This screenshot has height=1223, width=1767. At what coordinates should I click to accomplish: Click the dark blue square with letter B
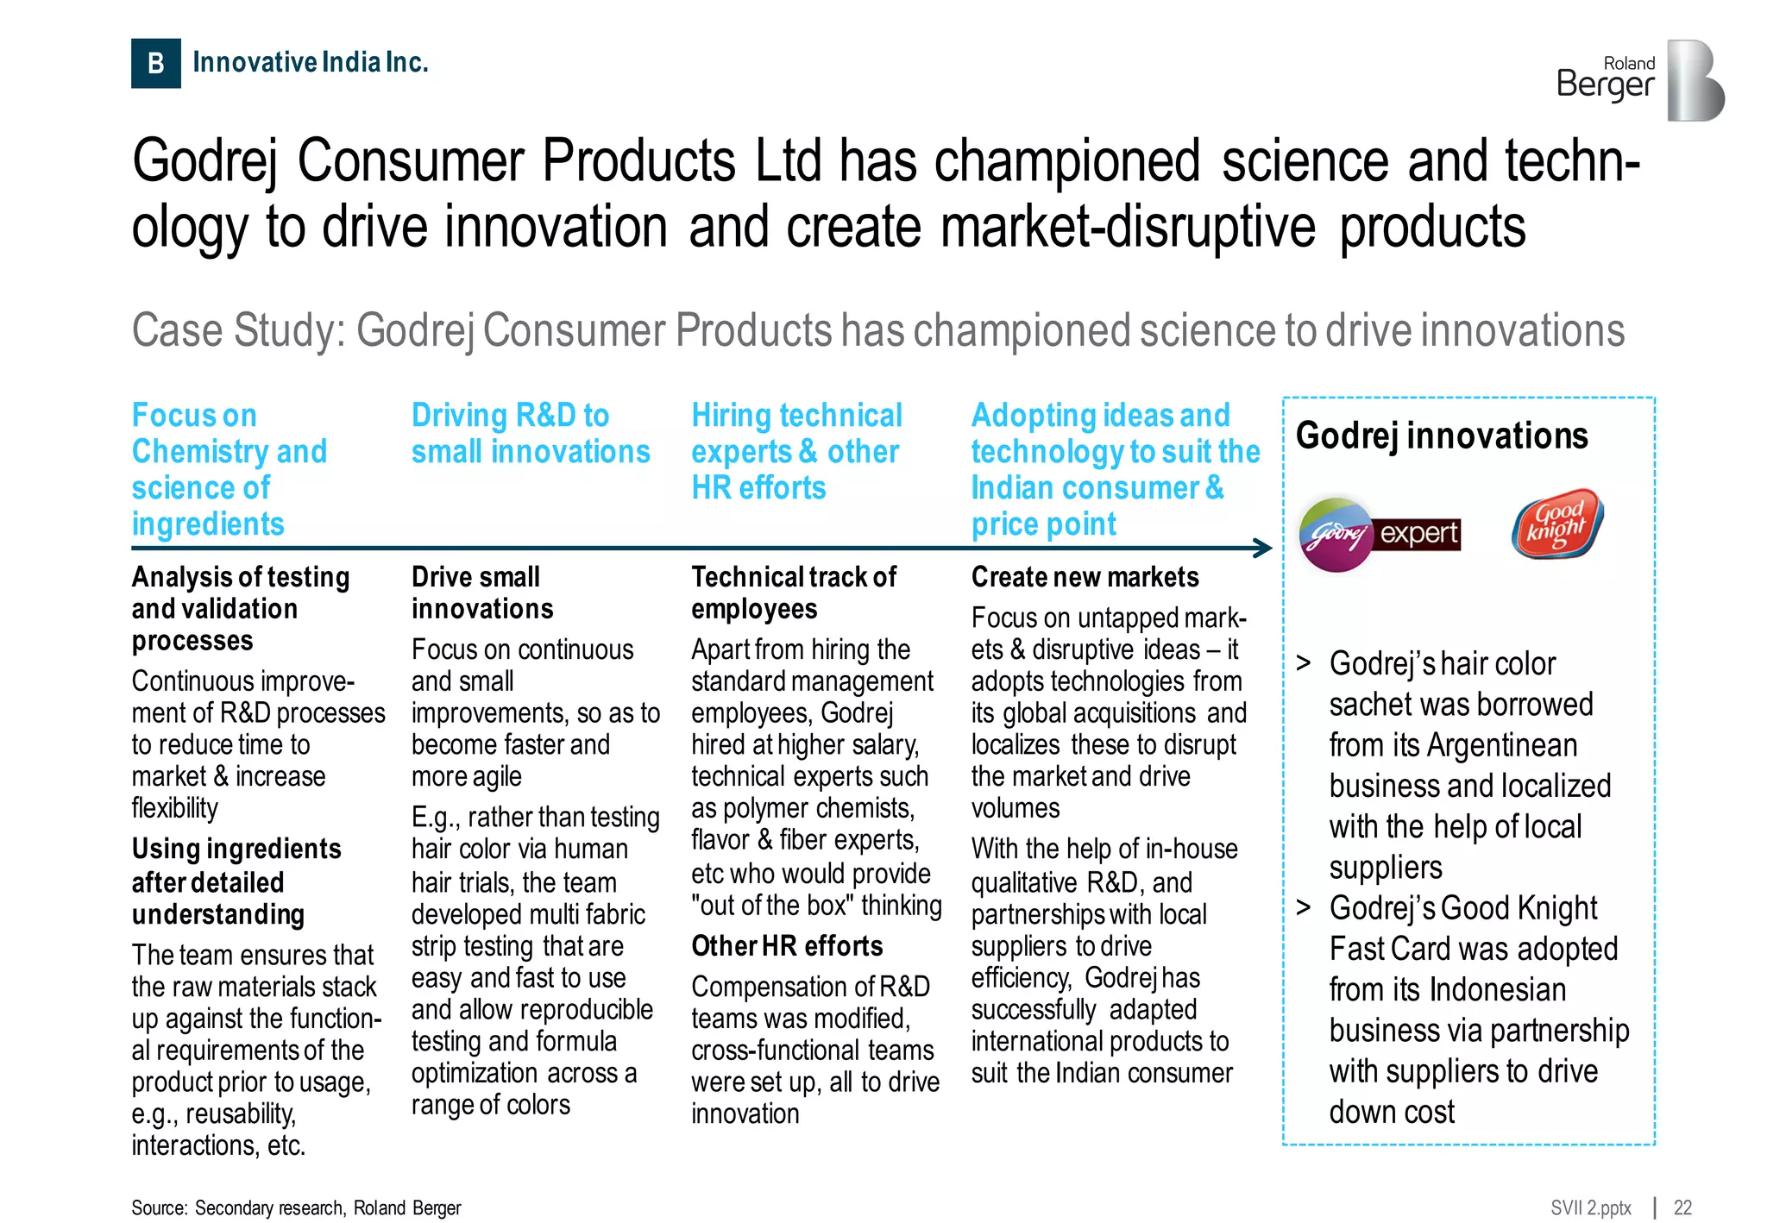point(155,63)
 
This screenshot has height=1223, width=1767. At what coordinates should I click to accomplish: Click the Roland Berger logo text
point(1606,78)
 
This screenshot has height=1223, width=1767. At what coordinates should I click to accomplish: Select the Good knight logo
point(1556,524)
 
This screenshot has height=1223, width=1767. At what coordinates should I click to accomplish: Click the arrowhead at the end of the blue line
point(1263,548)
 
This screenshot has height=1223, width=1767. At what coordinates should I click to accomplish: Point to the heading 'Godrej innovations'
point(1441,436)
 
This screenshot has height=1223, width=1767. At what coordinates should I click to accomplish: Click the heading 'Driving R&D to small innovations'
point(530,434)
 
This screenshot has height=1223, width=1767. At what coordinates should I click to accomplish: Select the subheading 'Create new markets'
point(1085,577)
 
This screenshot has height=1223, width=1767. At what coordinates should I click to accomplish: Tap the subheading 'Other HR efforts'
point(787,946)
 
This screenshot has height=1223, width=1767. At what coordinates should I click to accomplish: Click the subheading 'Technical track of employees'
point(793,593)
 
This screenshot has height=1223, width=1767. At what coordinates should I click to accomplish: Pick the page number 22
point(1682,1207)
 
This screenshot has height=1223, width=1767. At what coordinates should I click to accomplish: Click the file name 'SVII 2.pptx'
point(1590,1207)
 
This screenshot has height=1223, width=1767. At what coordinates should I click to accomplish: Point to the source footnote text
point(296,1207)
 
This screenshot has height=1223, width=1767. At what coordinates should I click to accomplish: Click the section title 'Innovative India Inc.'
point(311,62)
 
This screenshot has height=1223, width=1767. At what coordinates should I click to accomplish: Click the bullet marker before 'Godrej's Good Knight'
point(1304,908)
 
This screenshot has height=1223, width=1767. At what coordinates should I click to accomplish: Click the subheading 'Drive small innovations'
point(481,593)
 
